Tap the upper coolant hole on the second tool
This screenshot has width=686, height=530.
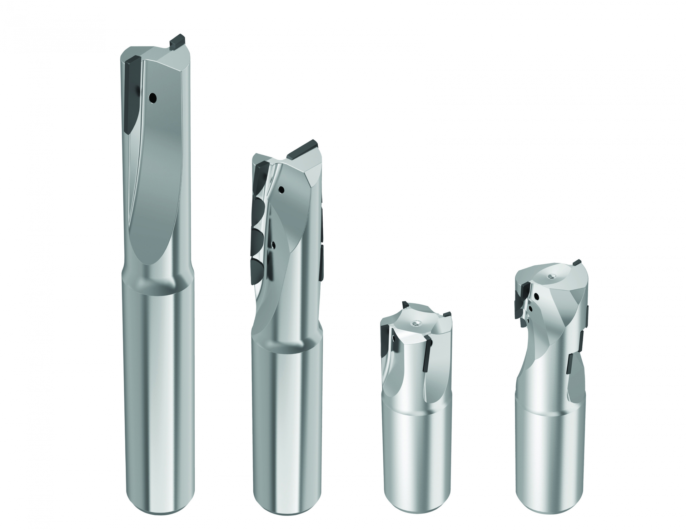(x=282, y=189)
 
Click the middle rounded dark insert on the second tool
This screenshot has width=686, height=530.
(x=258, y=239)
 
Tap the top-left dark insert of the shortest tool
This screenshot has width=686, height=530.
(x=405, y=304)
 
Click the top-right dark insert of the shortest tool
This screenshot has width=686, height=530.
(x=446, y=314)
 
